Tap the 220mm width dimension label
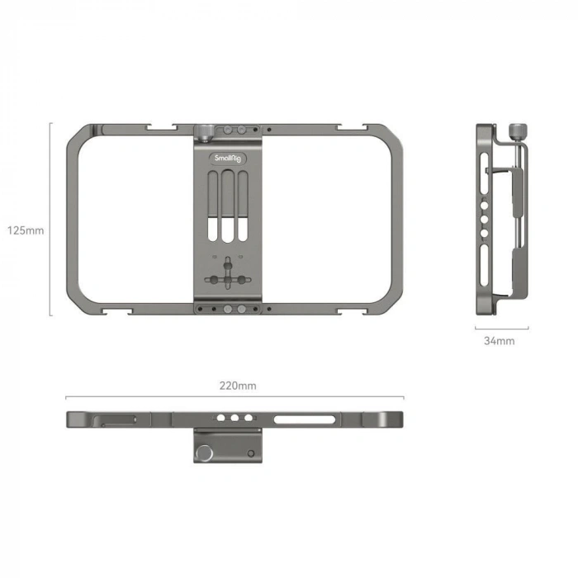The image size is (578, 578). [239, 386]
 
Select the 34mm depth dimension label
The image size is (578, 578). [500, 341]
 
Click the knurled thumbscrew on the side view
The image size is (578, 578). [516, 130]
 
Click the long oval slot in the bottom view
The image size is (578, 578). [306, 419]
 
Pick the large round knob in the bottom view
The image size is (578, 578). [203, 451]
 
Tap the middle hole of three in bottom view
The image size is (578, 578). [234, 419]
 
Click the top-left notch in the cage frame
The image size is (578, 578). [159, 128]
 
